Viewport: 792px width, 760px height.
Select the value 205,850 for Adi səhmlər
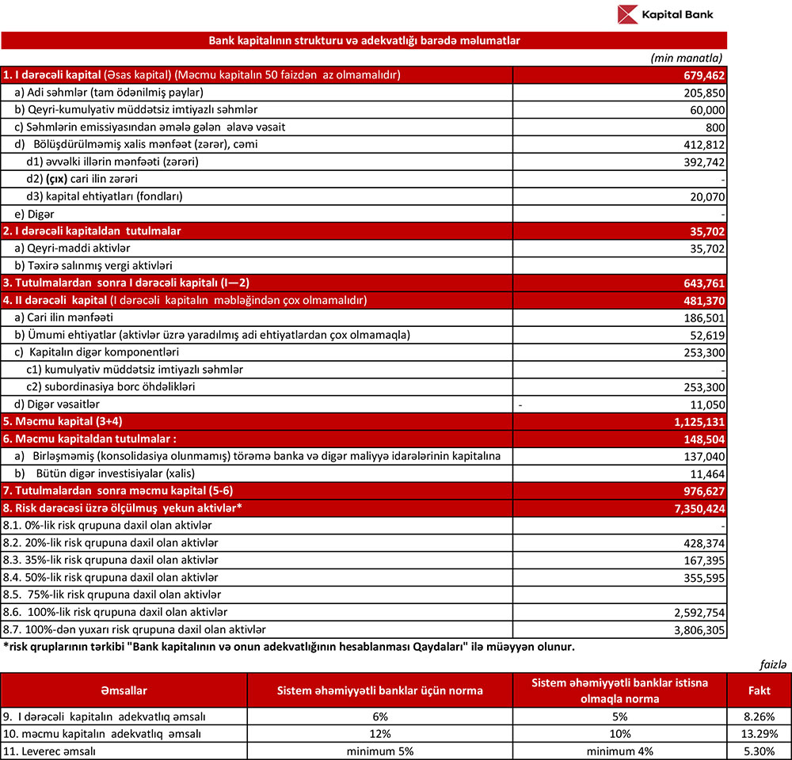[x=703, y=93]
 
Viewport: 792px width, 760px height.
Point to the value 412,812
[x=703, y=144]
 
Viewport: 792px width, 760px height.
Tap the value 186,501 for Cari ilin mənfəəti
[x=703, y=317]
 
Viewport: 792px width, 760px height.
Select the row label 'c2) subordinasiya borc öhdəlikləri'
[x=111, y=387]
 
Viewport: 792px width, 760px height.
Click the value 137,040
[x=703, y=457]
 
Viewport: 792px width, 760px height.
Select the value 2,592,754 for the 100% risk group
[x=698, y=613]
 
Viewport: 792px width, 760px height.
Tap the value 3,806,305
[x=698, y=630]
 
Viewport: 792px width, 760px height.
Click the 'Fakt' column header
[x=759, y=691]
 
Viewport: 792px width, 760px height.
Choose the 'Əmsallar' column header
[x=124, y=691]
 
